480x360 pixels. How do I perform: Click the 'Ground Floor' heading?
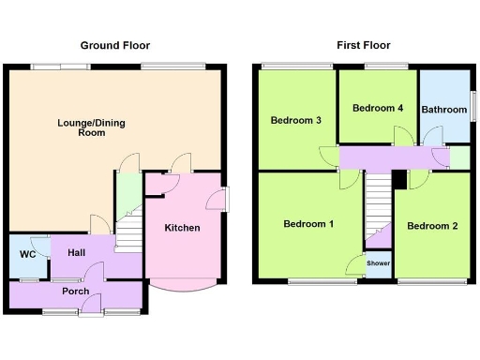(x=115, y=45)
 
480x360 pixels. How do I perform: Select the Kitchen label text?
(x=182, y=228)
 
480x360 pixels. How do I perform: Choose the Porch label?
(x=75, y=292)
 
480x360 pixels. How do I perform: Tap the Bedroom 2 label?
(x=432, y=226)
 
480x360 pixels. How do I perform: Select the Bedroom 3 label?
(x=296, y=120)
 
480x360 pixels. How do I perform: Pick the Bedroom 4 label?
(x=378, y=109)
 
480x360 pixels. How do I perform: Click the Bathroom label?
(x=443, y=110)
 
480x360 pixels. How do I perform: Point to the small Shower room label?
(x=379, y=263)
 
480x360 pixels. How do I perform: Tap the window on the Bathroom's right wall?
(x=472, y=105)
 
